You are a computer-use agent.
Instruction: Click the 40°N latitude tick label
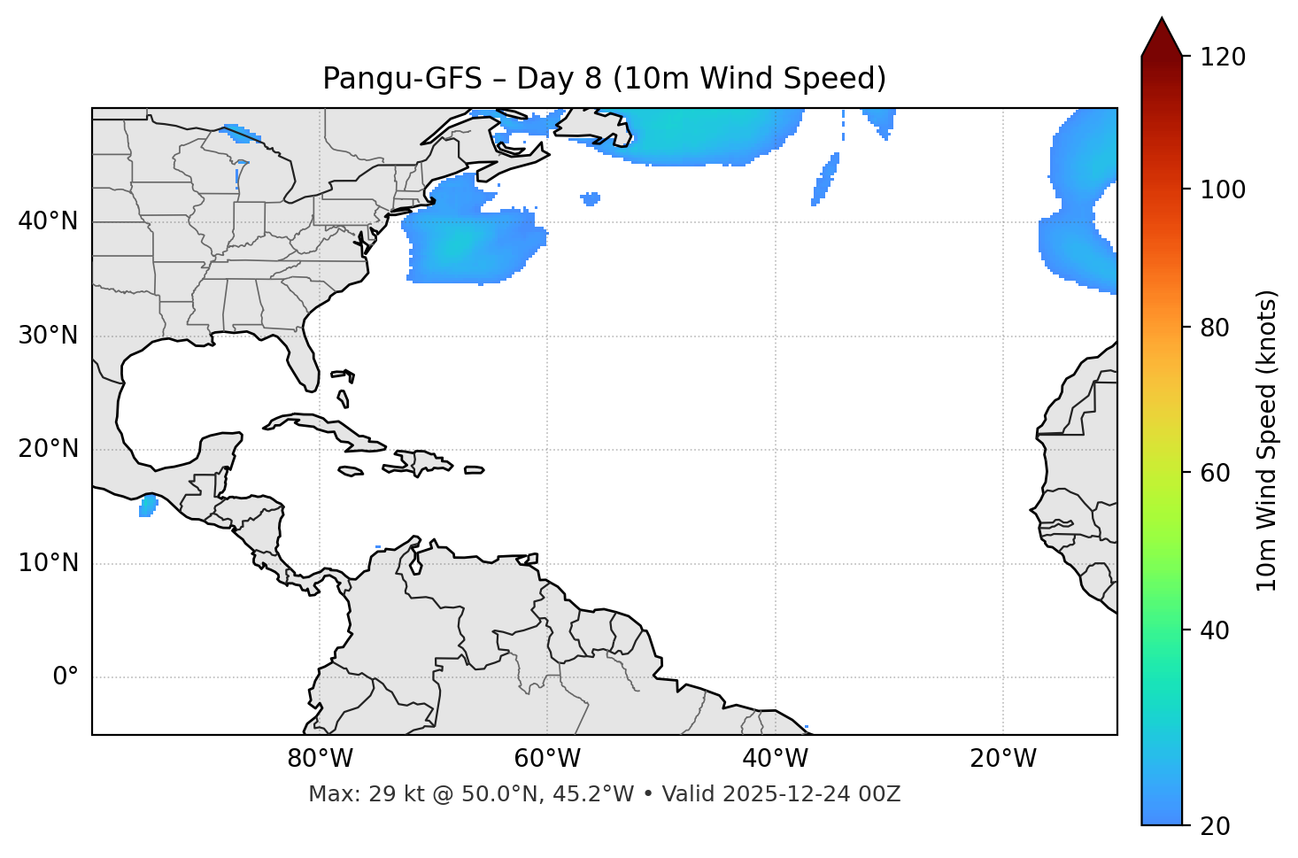[48, 221]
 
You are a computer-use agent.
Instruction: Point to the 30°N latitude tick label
[48, 336]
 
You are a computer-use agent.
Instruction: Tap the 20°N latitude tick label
[48, 449]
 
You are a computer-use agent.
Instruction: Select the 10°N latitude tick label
[48, 563]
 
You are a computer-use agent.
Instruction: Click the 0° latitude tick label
[66, 677]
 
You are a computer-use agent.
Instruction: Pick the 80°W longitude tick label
[320, 759]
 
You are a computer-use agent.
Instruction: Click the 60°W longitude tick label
[547, 759]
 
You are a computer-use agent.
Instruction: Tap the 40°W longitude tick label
[775, 759]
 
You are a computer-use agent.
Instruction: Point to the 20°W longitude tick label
[1003, 759]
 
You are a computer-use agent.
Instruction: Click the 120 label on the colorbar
[1223, 58]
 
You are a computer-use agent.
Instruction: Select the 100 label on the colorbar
[1223, 189]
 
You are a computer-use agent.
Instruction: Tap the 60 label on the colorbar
[1216, 473]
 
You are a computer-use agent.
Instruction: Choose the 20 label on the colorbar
[1216, 826]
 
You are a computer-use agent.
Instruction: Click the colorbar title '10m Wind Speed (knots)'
[1267, 440]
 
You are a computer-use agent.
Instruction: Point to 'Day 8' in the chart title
[559, 79]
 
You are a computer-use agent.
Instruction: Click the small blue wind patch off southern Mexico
[148, 506]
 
